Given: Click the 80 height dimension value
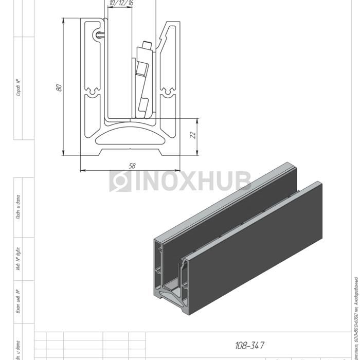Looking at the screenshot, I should (59, 87).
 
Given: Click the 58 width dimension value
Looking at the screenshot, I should (132, 166).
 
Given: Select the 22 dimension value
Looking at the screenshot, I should (191, 135).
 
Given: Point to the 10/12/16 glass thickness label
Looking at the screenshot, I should (121, 4).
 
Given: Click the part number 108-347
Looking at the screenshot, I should (249, 346).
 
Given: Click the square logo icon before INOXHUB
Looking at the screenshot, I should (120, 181).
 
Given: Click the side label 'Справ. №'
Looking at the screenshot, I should (19, 87).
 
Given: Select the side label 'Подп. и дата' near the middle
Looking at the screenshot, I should (19, 206).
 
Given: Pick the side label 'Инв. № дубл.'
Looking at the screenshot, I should (19, 260).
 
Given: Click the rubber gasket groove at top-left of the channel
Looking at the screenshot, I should (99, 35).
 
